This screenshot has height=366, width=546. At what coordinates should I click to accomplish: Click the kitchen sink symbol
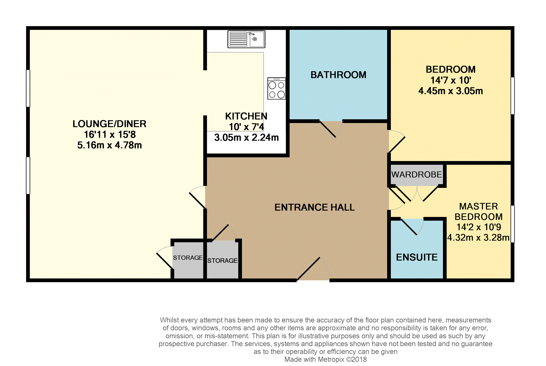(x=246, y=39)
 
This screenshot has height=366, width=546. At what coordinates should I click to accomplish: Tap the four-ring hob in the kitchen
(x=277, y=88)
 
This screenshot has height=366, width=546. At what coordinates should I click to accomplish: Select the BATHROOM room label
(x=338, y=75)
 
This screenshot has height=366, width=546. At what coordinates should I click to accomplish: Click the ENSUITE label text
(x=417, y=257)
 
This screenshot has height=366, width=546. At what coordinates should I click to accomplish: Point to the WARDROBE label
(x=417, y=174)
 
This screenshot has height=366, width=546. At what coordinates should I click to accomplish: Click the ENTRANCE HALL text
(x=314, y=207)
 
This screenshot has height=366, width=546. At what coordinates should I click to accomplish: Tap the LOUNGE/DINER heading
(x=109, y=124)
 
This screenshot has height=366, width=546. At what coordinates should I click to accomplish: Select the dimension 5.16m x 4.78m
(x=109, y=145)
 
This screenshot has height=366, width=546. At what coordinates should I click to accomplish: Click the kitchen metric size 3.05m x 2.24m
(x=246, y=138)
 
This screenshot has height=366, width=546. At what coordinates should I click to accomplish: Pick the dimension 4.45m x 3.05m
(x=451, y=91)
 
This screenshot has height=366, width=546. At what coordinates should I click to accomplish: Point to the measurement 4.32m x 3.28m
(x=478, y=238)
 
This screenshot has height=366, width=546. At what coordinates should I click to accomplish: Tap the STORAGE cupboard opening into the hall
(x=223, y=260)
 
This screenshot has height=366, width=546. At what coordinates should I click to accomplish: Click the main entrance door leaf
(x=308, y=269)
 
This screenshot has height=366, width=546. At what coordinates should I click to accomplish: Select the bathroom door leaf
(x=328, y=129)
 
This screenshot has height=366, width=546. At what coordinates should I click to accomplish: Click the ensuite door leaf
(x=409, y=227)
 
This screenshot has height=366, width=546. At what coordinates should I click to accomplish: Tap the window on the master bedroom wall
(x=513, y=224)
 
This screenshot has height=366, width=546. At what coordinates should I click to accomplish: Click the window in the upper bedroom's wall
(x=513, y=96)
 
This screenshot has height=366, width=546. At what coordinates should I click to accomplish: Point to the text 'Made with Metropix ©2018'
(x=325, y=360)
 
